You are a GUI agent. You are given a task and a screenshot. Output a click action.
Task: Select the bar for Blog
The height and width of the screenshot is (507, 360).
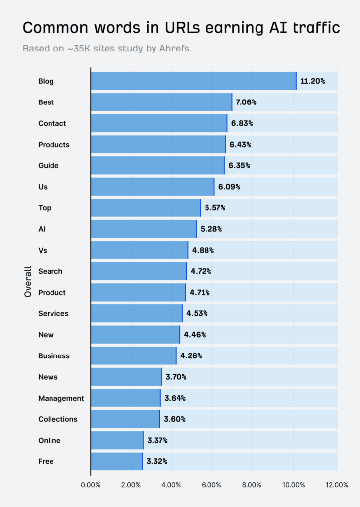[193, 81]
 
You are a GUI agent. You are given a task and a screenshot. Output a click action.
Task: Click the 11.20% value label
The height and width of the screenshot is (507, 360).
[312, 81]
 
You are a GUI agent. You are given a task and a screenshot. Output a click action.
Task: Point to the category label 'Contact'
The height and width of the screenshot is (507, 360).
[52, 123]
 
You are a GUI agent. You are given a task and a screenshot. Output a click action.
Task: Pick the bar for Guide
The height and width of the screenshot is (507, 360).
[157, 166]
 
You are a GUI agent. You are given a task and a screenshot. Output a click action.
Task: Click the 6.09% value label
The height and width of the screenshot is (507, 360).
[230, 187]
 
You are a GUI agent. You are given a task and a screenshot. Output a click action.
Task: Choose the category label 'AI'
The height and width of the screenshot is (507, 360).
[42, 229]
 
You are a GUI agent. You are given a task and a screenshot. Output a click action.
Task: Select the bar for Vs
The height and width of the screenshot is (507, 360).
[140, 250]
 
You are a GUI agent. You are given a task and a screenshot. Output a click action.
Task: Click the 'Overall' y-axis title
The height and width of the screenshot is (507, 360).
[28, 282]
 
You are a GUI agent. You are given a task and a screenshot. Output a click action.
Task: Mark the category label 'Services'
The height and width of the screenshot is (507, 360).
[53, 313]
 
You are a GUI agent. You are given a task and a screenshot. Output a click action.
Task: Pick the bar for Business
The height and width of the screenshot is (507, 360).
[134, 356]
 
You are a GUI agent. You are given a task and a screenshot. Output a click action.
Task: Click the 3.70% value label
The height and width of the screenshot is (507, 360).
[176, 377]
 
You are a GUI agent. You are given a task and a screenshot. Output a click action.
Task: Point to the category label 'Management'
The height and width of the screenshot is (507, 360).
[61, 398]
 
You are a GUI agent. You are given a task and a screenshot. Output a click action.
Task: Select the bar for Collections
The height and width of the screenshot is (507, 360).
[125, 419]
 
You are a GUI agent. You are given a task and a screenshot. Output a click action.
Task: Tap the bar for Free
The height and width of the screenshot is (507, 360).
[116, 461]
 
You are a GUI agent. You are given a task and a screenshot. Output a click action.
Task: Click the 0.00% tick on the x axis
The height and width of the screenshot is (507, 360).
[91, 485]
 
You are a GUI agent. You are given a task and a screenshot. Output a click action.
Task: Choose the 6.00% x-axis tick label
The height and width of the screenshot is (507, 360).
[211, 485]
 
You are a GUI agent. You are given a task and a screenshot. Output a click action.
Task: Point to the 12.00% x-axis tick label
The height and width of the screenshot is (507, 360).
[337, 485]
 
